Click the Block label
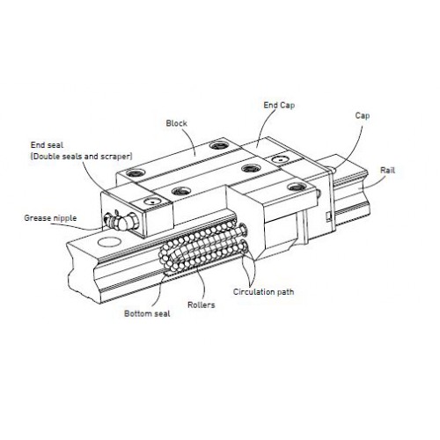[176, 123]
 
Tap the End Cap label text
[279, 106]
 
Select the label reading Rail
[387, 170]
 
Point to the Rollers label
[202, 304]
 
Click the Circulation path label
[263, 292]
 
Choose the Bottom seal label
[147, 313]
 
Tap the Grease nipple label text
[50, 218]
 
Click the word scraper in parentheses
[115, 157]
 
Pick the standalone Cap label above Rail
[363, 115]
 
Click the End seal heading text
[47, 145]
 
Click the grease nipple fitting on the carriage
[121, 221]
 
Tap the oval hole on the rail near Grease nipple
[109, 242]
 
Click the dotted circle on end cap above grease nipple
[152, 202]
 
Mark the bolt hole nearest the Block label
[219, 145]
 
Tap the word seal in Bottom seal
[162, 313]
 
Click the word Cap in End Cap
[287, 106]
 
